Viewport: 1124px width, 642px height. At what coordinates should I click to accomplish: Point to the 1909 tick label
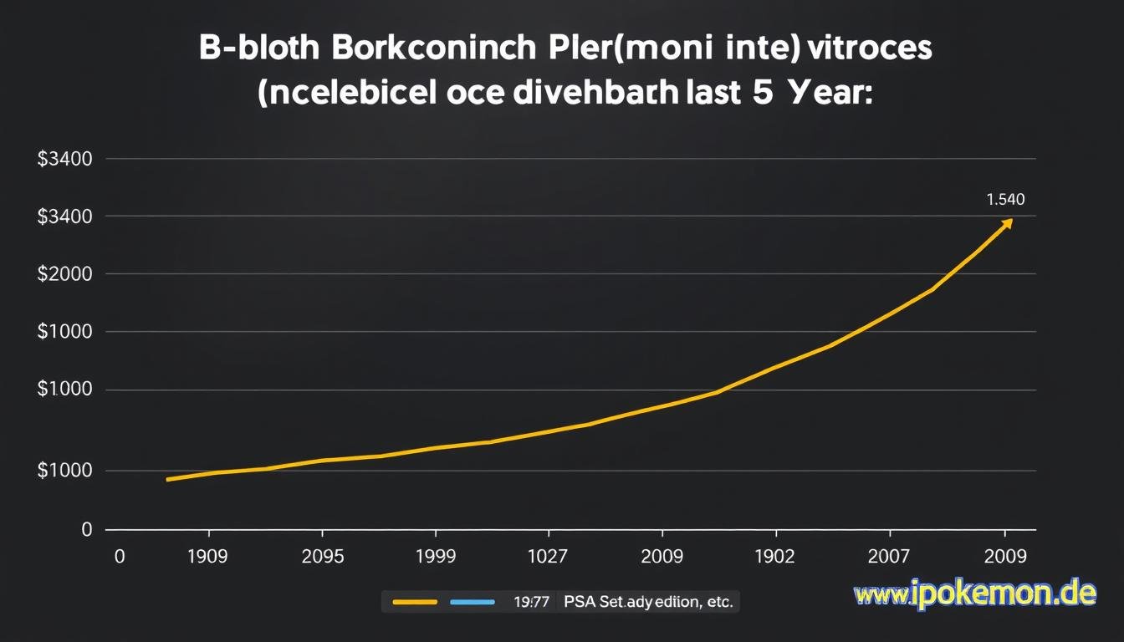click(207, 557)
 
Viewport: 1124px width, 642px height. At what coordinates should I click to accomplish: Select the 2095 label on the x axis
click(321, 557)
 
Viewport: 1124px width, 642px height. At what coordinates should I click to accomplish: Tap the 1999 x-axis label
click(435, 557)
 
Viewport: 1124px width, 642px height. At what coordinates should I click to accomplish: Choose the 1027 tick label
click(548, 557)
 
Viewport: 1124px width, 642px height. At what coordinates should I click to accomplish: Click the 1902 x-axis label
click(775, 557)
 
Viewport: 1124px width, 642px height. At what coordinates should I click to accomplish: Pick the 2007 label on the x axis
click(890, 557)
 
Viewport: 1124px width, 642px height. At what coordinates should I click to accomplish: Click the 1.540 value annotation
click(1005, 200)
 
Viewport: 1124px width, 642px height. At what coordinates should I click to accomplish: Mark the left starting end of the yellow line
click(169, 479)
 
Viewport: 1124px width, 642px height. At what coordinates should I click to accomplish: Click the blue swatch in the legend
click(473, 601)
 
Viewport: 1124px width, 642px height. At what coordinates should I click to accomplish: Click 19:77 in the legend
click(531, 601)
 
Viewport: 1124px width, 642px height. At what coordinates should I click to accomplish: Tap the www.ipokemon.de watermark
click(974, 594)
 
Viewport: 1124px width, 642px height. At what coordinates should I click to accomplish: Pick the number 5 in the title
click(762, 93)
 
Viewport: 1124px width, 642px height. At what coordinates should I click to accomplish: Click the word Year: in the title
click(829, 93)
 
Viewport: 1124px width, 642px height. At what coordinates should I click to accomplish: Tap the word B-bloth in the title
click(259, 48)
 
